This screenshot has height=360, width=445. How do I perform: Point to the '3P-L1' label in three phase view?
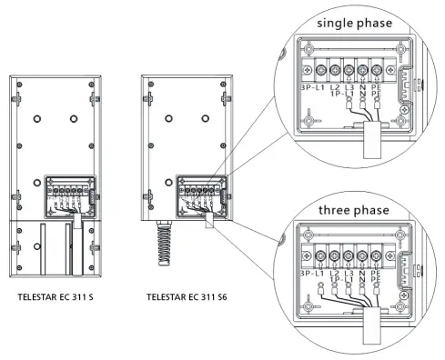311,275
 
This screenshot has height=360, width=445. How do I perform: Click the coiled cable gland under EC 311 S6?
167,250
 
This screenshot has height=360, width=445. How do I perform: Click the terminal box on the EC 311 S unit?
66,195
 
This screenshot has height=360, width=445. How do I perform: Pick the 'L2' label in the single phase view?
337,88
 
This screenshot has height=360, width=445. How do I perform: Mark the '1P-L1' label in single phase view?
338,95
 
